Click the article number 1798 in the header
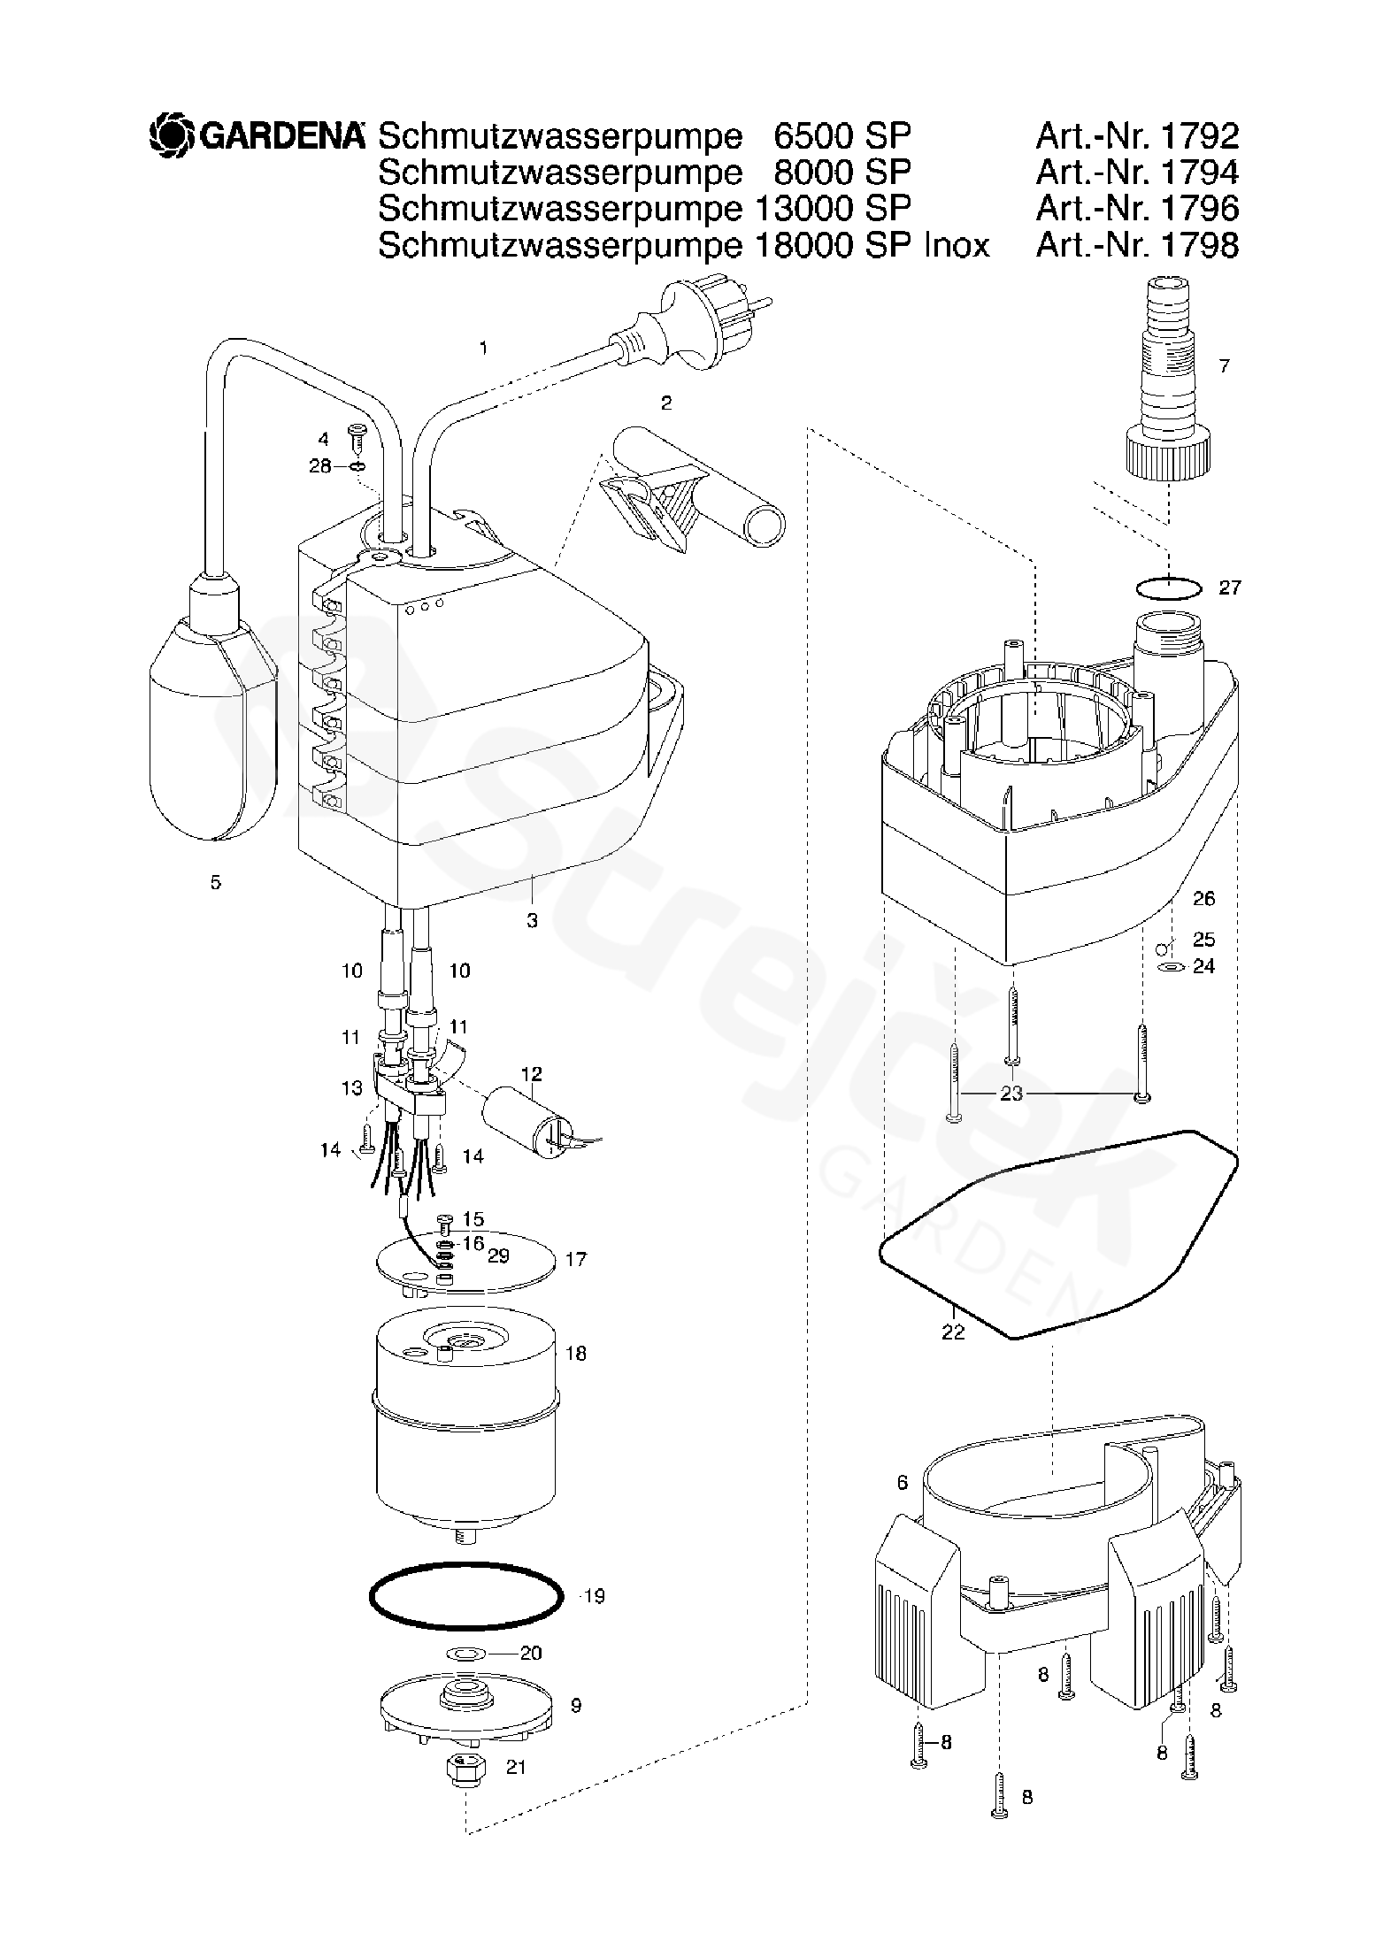coord(1199,245)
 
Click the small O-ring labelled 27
coord(1168,587)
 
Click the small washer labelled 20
coord(465,1652)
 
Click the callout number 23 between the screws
coord(1011,1094)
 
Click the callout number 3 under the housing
coord(532,921)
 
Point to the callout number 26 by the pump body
coord(1203,899)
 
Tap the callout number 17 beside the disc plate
coord(575,1258)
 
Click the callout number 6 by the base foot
coord(902,1482)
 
